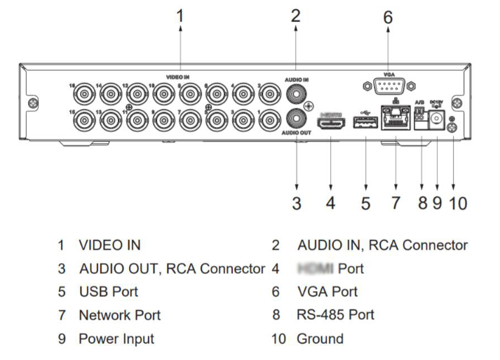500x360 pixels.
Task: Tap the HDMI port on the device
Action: click(331, 126)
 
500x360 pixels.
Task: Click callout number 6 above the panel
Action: click(388, 17)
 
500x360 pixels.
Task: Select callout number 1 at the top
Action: click(180, 15)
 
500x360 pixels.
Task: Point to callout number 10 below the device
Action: click(457, 203)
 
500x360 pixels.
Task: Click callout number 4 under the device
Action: click(330, 203)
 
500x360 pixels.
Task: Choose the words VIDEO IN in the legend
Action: click(109, 246)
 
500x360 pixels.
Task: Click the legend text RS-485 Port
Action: click(336, 314)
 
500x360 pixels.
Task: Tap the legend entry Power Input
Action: click(116, 338)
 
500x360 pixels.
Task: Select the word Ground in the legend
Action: click(320, 338)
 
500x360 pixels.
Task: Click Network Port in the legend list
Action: click(120, 314)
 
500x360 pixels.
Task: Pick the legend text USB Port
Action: click(109, 291)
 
